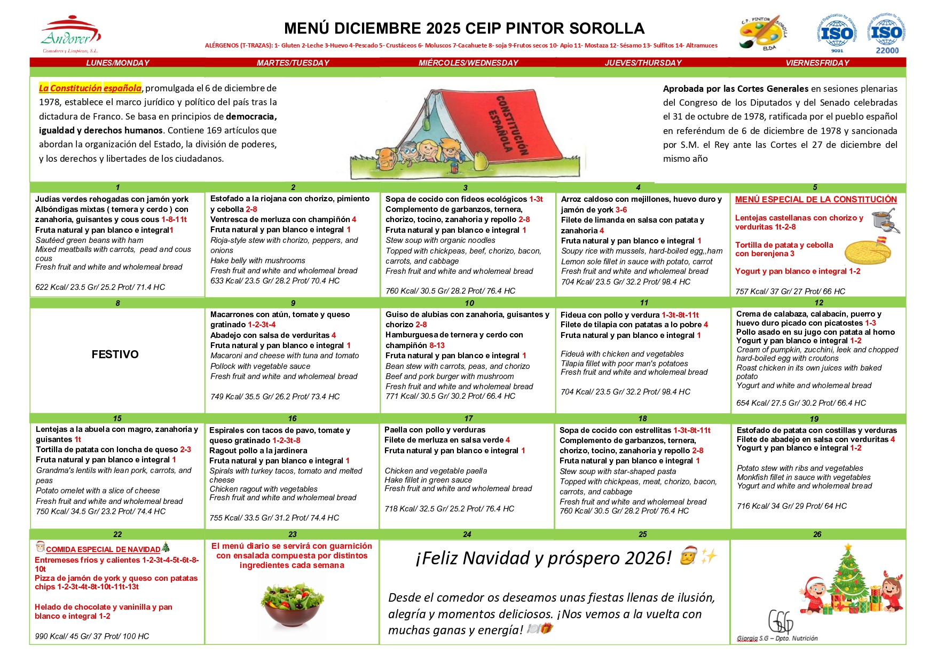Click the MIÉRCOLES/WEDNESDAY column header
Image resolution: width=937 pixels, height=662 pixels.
468,63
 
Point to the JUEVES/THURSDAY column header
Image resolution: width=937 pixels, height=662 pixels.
643,63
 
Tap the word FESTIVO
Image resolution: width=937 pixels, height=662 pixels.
115,354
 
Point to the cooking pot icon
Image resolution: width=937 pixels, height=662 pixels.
885,220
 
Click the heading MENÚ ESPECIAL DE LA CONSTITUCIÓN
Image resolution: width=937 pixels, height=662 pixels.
816,200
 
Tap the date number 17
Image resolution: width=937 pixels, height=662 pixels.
468,419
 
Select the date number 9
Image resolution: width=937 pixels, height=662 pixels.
293,303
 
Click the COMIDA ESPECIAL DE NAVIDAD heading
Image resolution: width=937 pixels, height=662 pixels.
103,549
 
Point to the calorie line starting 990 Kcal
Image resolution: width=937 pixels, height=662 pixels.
92,636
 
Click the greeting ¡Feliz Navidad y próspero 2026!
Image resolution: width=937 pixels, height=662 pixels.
543,558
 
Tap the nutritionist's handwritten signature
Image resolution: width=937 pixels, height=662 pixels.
781,622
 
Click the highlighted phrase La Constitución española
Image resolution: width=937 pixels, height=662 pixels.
90,88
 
